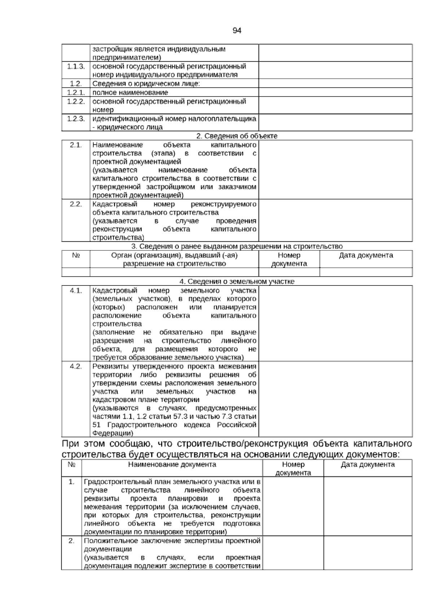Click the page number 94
237,31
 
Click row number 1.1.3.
76,66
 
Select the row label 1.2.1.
76,92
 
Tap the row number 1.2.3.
76,119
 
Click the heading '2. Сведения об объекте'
237,136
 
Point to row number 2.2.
76,204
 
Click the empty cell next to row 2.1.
335,170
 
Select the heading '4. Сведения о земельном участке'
237,281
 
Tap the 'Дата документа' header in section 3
366,255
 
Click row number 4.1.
76,290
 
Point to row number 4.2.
76,366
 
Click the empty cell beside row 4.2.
335,399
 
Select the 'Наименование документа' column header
172,464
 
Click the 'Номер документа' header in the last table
293,468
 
